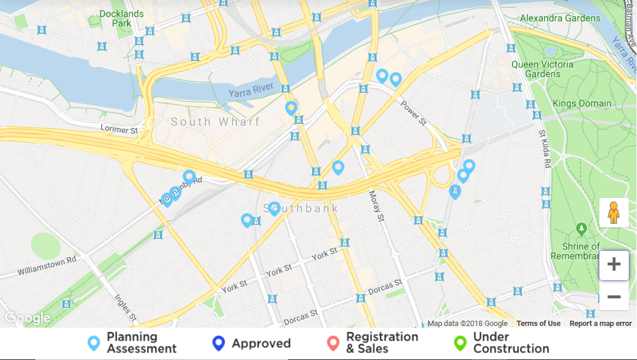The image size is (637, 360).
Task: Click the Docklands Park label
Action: [x=122, y=18]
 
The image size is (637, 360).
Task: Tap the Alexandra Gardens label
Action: [x=561, y=18]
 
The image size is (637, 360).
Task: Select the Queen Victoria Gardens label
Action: [x=536, y=69]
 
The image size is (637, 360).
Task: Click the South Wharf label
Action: [x=215, y=122]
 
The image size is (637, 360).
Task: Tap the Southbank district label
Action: [x=301, y=208]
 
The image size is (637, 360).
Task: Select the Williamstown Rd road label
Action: [x=47, y=265]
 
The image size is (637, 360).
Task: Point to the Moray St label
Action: [x=376, y=206]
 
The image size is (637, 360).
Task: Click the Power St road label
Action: [x=414, y=113]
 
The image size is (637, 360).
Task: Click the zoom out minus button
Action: [x=614, y=297]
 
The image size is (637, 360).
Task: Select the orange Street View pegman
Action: [x=614, y=213]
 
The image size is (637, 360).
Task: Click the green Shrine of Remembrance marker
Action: [x=582, y=227]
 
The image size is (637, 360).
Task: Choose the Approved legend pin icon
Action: [x=219, y=344]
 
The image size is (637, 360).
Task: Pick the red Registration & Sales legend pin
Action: [x=333, y=344]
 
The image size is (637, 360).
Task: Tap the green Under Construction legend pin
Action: [x=460, y=344]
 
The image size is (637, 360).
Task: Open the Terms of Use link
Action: [x=538, y=324]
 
